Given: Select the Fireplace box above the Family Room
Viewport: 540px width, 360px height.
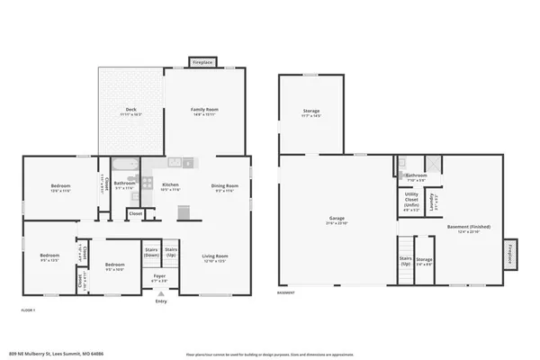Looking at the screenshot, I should click(202, 62).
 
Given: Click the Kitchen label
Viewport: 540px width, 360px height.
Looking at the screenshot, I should click(169, 186).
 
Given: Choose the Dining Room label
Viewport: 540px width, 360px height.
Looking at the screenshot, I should click(223, 186).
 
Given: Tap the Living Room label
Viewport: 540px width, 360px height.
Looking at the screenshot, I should click(214, 258).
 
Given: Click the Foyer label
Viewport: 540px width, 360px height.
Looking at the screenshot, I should click(159, 277).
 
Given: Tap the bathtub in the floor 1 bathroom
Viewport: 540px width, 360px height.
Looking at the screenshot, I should click(126, 168).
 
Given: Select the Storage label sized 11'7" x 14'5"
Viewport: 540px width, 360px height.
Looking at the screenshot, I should click(310, 113).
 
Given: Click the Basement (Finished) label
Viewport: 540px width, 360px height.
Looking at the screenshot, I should click(464, 229).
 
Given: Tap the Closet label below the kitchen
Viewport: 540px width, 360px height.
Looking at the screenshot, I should click(135, 213).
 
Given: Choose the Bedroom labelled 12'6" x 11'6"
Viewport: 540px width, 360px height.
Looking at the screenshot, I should click(60, 188).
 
